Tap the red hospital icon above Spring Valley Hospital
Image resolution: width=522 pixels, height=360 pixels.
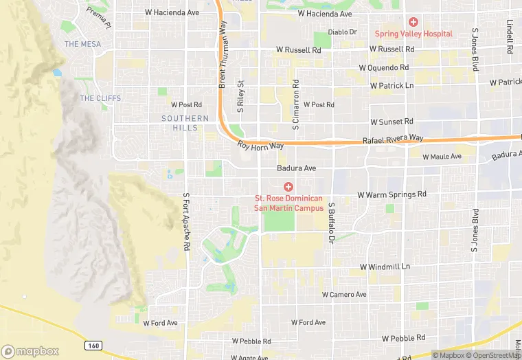413,22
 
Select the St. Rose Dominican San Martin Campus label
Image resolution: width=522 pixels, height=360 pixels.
288,203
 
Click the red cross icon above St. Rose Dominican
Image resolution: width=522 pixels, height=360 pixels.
288,186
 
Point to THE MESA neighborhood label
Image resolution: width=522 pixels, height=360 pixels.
82,44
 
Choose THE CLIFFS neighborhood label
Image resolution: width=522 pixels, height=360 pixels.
100,98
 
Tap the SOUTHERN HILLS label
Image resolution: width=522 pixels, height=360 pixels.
185,123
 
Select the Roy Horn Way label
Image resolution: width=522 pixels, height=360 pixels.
260,145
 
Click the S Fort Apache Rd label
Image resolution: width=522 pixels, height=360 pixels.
185,221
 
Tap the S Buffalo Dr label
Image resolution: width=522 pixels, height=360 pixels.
330,223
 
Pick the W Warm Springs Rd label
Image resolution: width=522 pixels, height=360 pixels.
392,194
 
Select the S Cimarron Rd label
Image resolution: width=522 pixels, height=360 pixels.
295,104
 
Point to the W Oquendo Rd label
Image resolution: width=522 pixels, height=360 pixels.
384,68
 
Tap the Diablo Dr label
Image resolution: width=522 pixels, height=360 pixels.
342,32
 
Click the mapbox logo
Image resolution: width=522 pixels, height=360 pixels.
30,351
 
